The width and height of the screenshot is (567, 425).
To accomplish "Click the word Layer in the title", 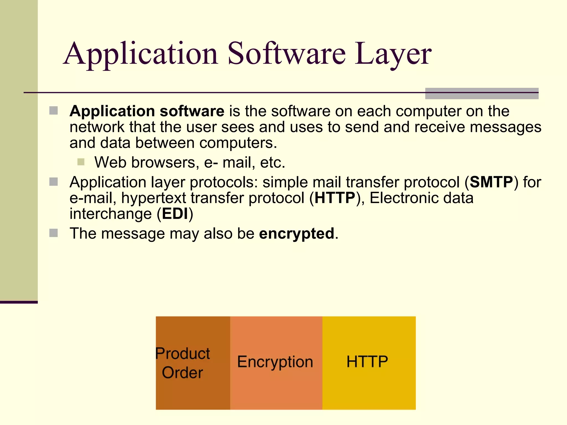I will [x=393, y=54].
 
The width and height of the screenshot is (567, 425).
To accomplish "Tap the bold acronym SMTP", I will [x=491, y=182].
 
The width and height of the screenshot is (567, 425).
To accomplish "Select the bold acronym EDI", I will [x=175, y=214].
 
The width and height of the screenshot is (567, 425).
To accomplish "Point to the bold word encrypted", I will [x=297, y=233].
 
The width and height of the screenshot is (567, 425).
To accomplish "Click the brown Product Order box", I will [x=193, y=363].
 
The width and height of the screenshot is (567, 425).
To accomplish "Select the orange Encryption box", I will [x=276, y=363].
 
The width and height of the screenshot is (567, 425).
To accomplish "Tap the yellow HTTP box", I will [x=369, y=363].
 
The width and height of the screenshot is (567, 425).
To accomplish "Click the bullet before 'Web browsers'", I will [x=81, y=162].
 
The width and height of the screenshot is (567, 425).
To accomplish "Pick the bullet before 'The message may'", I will [x=53, y=233].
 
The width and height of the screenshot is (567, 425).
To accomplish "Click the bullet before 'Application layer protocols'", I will [x=53, y=182].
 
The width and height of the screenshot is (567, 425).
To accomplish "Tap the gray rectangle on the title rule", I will [x=481, y=94].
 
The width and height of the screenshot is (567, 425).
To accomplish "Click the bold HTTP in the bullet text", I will [x=335, y=198].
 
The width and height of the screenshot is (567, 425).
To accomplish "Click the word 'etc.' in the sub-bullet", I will [x=272, y=162].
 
